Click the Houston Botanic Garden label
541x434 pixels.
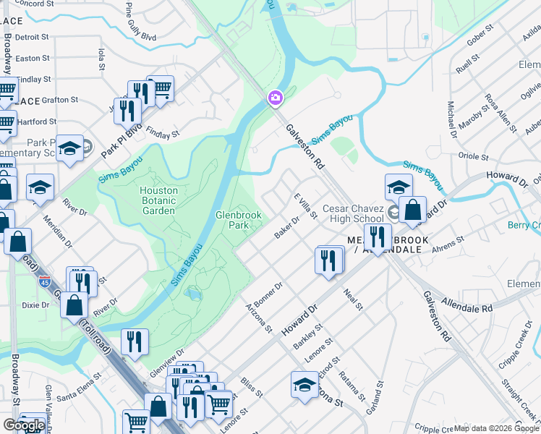(x=157, y=200)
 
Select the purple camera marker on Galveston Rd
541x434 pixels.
(x=276, y=98)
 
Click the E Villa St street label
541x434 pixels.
(x=305, y=205)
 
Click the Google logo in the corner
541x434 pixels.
(x=23, y=425)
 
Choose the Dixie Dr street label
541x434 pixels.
(x=35, y=305)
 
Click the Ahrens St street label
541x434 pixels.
(x=447, y=244)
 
